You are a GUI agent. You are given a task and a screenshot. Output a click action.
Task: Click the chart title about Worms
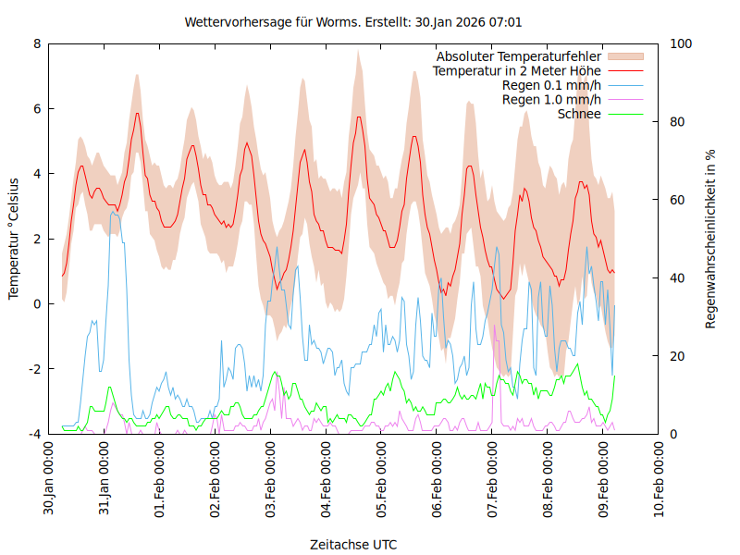click(x=359, y=21)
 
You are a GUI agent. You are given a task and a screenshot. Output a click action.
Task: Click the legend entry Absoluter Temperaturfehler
click(x=519, y=56)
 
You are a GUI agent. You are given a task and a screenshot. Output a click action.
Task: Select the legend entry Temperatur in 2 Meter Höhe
click(x=517, y=70)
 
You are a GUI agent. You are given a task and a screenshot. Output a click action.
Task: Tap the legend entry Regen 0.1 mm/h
click(x=551, y=85)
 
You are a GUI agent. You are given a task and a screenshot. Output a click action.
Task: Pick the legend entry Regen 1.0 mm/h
click(x=551, y=99)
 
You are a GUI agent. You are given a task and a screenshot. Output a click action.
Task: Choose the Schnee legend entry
click(x=580, y=114)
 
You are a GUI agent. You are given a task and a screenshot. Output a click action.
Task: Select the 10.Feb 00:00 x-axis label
click(x=660, y=478)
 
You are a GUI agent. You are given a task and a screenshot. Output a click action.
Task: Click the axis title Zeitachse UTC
click(x=354, y=544)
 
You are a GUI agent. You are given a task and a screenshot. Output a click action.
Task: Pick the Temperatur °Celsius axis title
click(x=14, y=238)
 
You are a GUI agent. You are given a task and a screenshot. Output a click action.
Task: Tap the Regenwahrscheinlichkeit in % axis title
click(x=711, y=238)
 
